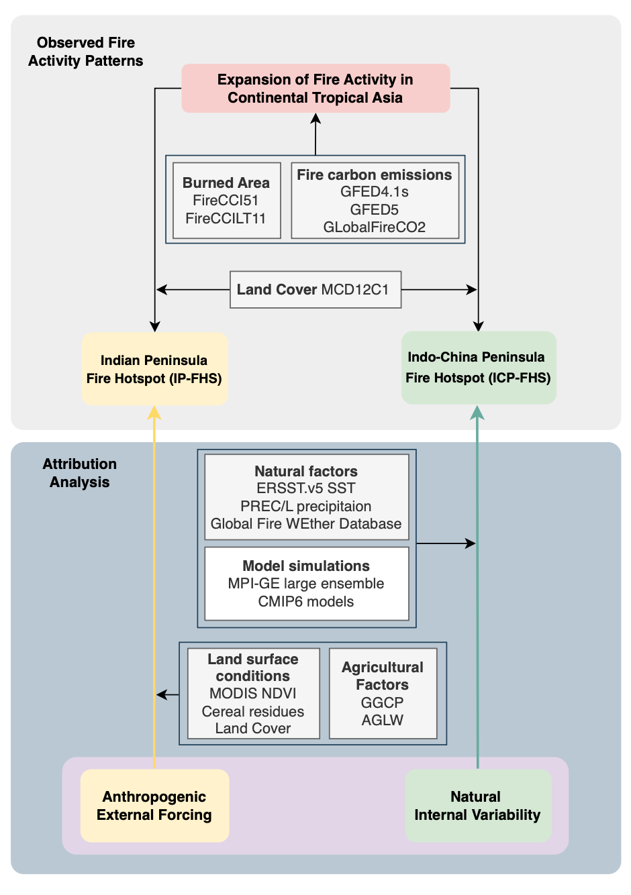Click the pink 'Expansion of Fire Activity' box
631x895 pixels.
(315, 89)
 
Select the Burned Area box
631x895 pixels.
(227, 200)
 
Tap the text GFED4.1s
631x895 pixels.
(375, 192)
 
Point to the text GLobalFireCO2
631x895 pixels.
(375, 227)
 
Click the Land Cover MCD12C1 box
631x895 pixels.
(315, 290)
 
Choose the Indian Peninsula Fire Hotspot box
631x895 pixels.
(155, 369)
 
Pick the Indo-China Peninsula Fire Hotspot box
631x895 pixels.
(479, 368)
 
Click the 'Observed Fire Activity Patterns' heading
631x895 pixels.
(85, 52)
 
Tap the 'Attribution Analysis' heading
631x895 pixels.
(80, 473)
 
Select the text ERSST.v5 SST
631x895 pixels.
(306, 488)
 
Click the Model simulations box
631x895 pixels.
(307, 583)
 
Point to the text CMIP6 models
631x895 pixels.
(306, 601)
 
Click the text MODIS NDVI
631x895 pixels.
(252, 693)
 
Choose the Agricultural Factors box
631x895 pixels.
(383, 693)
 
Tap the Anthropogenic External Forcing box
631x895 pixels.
(155, 806)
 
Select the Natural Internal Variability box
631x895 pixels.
(478, 806)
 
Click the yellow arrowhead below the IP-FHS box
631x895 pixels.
(154, 413)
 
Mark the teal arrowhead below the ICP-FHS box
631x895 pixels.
(477, 413)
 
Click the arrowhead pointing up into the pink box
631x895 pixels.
(315, 118)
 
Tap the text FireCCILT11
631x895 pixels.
(226, 219)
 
